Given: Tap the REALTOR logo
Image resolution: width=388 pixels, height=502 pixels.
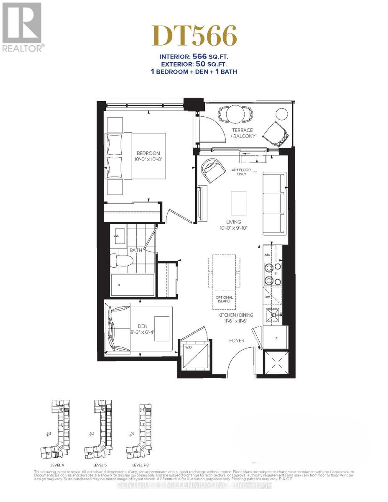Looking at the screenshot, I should coord(22,27).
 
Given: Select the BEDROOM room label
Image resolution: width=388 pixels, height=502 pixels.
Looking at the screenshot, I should coord(148,154).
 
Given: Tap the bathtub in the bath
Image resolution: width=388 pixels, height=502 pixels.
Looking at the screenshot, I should coord(133,285).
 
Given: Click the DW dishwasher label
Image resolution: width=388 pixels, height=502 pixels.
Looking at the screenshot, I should coord(267,296).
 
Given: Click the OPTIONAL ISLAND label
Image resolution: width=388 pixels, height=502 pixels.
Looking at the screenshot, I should coord(224,300).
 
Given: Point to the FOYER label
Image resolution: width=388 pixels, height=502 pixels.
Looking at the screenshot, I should coord(236,341).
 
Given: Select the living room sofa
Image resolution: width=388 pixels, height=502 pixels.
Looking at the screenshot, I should coord(275,204).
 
